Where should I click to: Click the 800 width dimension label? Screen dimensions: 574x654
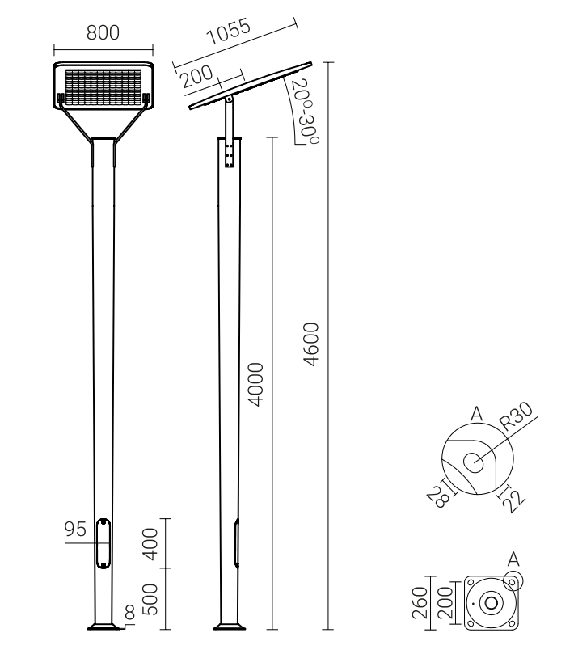pos(103,32)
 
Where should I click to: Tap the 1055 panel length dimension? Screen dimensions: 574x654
pos(229,32)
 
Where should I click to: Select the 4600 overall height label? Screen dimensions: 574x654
pos(311,344)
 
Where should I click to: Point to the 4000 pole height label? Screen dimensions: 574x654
pos(255,384)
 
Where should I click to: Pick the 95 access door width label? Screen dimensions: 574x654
pos(75,529)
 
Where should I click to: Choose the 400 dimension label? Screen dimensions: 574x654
pos(150,544)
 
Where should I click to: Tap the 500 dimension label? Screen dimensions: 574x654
pos(150,599)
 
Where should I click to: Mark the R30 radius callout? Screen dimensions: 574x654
pos(517,416)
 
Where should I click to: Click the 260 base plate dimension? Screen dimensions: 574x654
pos(420,603)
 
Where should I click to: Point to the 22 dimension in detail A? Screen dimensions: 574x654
pos(513,501)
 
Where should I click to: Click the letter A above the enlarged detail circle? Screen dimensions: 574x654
pos(476,414)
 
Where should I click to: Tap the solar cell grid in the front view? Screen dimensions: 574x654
pos(103,87)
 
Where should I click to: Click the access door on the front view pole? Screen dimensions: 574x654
pos(103,543)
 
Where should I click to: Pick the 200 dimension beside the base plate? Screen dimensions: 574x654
pos(445,603)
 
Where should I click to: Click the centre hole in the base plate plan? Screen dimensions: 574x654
pos(491,603)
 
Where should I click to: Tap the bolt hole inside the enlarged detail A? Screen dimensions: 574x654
pos(473,462)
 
